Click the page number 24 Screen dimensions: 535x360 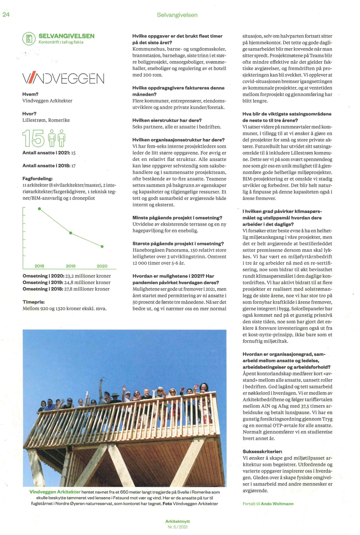[x=6, y=15]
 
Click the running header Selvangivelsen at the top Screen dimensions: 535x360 [x=177, y=15]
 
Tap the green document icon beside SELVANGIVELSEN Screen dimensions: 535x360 [x=29, y=39]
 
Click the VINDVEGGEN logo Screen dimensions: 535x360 [x=63, y=78]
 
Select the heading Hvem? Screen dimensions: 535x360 [x=30, y=94]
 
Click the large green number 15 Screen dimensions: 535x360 [x=33, y=139]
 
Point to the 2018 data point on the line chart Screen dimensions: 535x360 [x=39, y=209]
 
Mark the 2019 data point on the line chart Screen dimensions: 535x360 [x=71, y=233]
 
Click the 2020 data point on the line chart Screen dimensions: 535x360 [x=102, y=247]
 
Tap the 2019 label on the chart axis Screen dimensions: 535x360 [x=71, y=266]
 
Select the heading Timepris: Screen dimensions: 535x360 [x=34, y=301]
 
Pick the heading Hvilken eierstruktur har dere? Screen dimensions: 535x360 [x=167, y=120]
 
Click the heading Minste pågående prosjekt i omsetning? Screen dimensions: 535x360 [x=177, y=218]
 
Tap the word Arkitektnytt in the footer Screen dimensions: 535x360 [x=177, y=522]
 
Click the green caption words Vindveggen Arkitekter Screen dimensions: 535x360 [x=55, y=492]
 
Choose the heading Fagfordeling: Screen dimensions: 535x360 [x=38, y=179]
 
